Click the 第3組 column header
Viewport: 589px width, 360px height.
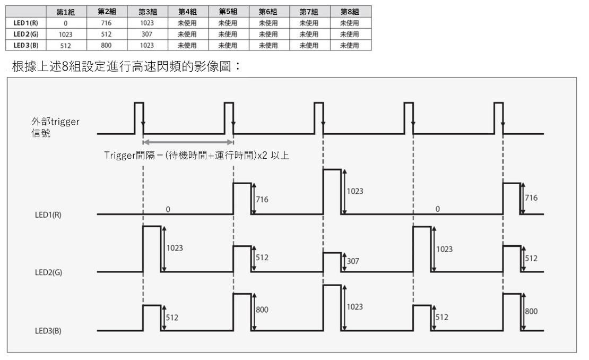tap(148, 12)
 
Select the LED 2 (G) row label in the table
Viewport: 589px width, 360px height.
tap(25, 34)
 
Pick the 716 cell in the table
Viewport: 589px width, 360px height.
tap(106, 23)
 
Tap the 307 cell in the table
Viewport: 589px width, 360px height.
tap(147, 34)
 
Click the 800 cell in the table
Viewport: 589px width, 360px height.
tap(106, 46)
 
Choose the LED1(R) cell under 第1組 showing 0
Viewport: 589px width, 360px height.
tap(65, 23)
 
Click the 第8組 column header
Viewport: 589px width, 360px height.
tap(350, 12)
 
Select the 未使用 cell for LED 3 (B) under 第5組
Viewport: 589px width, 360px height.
tap(228, 46)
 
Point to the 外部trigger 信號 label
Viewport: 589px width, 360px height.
tap(55, 127)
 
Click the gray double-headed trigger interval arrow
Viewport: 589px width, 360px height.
tap(188, 142)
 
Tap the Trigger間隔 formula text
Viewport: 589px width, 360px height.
tap(196, 155)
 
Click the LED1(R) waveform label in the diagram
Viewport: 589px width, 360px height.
tap(48, 215)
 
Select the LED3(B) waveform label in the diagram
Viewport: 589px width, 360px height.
tap(48, 331)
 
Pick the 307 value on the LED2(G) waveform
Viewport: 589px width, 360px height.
tap(353, 261)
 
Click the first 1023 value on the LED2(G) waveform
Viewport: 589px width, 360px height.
tap(175, 248)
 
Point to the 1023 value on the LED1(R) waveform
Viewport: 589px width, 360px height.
tap(355, 191)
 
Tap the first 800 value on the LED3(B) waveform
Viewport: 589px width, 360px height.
tap(262, 310)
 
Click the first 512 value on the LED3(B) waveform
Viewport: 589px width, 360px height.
tap(172, 318)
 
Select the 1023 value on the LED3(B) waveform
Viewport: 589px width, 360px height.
tap(355, 307)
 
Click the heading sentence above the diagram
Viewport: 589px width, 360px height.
tap(126, 66)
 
